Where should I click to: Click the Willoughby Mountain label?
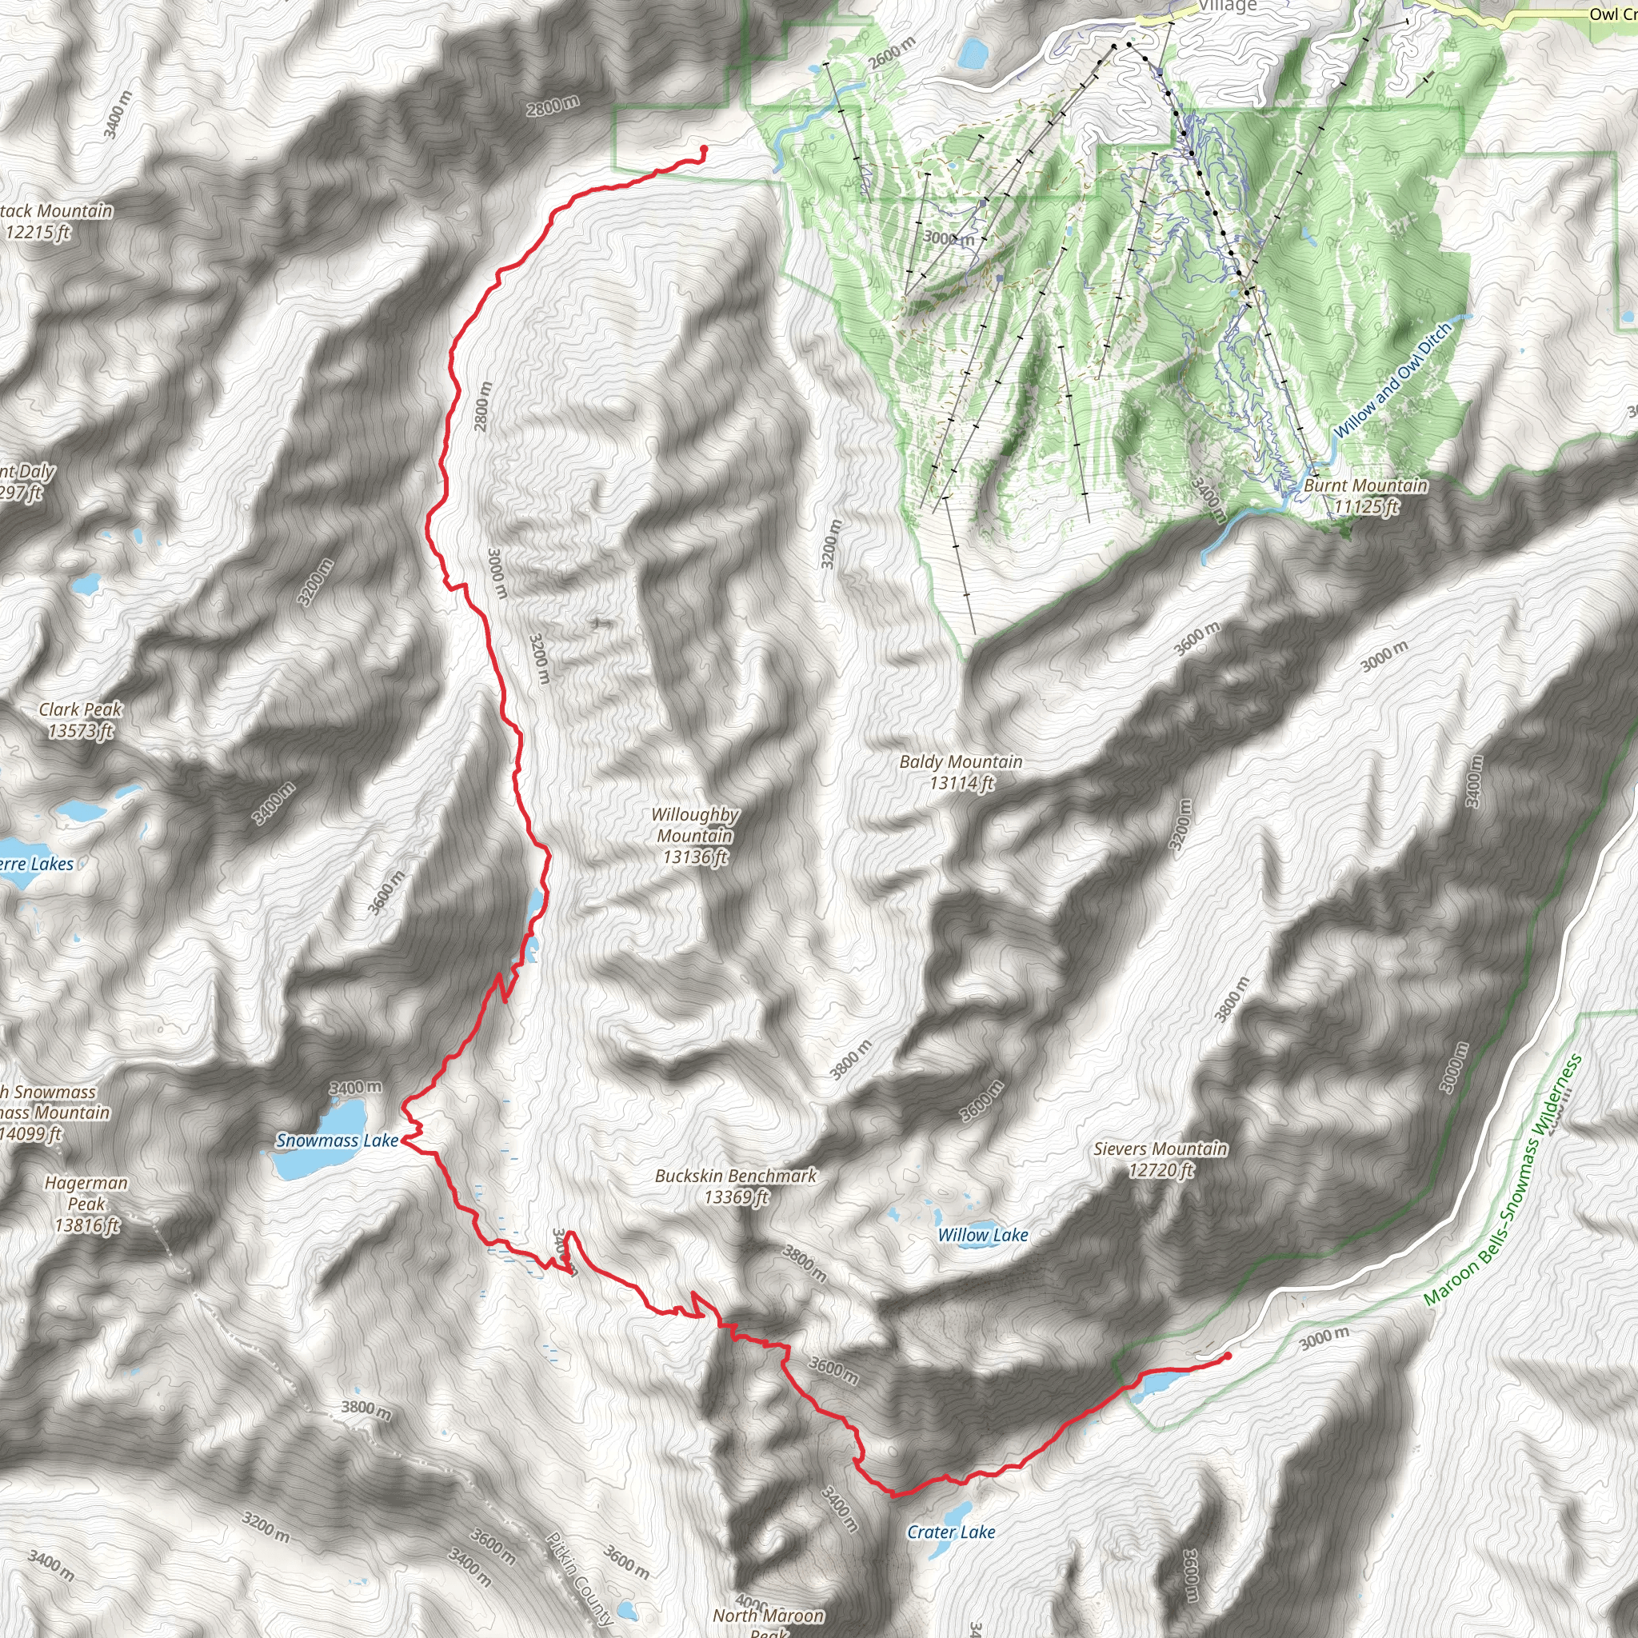(x=694, y=835)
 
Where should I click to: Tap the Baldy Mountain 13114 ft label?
(x=961, y=773)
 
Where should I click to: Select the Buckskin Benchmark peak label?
(x=735, y=1186)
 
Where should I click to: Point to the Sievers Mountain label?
(x=1160, y=1159)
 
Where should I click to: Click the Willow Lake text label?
(x=983, y=1235)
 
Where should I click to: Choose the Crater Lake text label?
(x=950, y=1532)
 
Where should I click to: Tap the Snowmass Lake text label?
(x=337, y=1141)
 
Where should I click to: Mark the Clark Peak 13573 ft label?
(x=81, y=720)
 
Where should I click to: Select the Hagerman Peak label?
(x=86, y=1204)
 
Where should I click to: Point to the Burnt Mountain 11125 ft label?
(x=1365, y=496)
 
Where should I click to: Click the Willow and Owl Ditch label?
(x=1392, y=380)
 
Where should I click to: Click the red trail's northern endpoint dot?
(x=704, y=150)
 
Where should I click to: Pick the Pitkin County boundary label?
(x=579, y=1579)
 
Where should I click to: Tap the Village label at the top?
(x=1227, y=6)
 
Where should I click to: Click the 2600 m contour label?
(x=891, y=54)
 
